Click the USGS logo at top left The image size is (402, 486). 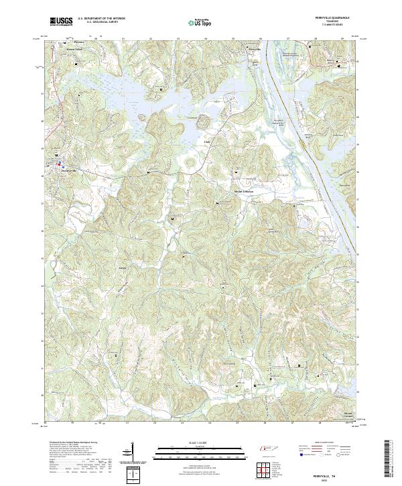(x=62, y=21)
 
